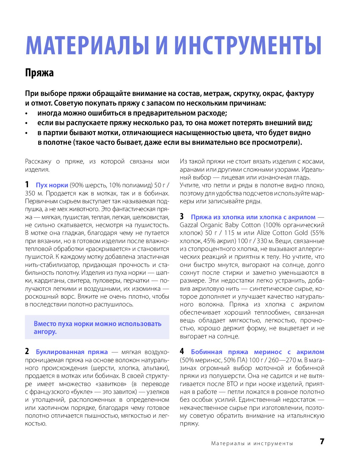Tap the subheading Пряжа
coord(40,73)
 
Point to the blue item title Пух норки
coord(52,185)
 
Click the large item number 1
coord(27,185)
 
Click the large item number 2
coord(27,351)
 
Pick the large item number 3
coord(182,217)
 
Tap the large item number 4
coord(182,351)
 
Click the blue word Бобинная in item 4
coord(206,352)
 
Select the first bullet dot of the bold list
coord(27,114)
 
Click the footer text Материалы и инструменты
coord(252,443)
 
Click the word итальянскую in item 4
coord(305,416)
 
